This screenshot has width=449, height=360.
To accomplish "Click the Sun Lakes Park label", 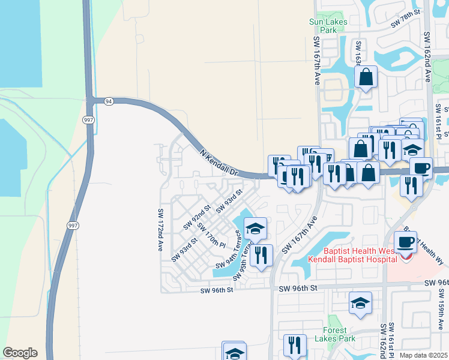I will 323,25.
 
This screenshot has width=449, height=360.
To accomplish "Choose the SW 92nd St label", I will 197,217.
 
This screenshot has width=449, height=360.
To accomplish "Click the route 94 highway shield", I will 108,101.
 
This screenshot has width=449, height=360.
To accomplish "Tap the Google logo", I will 20,353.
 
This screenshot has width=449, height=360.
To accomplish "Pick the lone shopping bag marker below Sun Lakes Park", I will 366,77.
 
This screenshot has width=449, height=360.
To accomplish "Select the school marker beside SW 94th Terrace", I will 255,229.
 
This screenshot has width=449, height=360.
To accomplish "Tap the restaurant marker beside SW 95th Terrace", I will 261,255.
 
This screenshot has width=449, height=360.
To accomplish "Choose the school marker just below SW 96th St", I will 360,304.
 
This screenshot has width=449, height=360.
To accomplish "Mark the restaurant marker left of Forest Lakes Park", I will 295,346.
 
